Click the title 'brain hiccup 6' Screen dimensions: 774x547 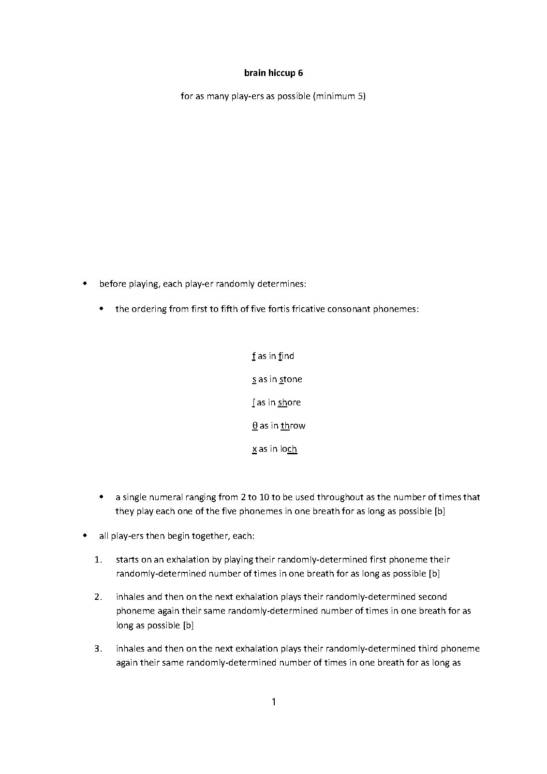coord(273,73)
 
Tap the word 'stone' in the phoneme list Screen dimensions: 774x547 coord(291,379)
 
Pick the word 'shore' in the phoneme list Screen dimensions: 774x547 coord(289,402)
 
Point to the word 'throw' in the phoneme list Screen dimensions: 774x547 coord(293,426)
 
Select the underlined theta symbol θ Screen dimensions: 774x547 coord(255,426)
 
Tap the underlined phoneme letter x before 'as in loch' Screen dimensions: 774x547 coord(254,449)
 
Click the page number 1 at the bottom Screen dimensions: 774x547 coord(274,701)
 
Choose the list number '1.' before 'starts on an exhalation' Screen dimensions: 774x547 coord(99,560)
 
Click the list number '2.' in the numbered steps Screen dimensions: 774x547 coord(99,597)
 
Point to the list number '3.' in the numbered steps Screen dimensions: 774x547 coord(99,649)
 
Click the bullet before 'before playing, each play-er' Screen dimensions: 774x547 coord(86,283)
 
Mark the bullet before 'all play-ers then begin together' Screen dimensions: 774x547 coord(86,536)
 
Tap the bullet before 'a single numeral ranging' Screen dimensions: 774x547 coord(102,497)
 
